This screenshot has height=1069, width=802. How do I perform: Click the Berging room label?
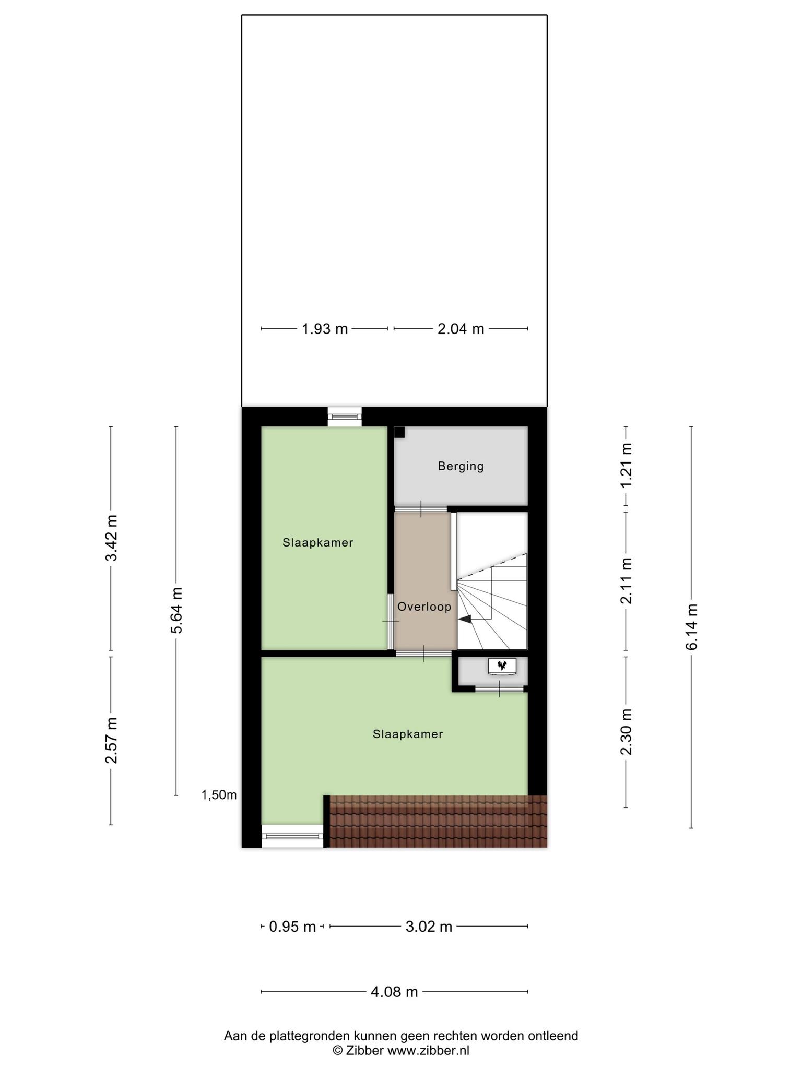461,466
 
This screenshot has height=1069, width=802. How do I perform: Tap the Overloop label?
424,607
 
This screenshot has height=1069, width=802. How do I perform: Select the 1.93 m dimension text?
325,329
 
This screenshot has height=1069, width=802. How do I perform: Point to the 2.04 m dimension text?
461,329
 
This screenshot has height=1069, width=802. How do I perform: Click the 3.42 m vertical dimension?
111,538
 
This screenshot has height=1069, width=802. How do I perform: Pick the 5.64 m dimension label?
176,610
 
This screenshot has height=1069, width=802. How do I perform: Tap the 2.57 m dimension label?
111,740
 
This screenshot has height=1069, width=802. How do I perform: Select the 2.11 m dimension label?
626,580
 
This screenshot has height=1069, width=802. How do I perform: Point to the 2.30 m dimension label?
626,732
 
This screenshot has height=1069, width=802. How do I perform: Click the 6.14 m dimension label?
691,627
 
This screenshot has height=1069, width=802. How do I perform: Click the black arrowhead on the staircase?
465,619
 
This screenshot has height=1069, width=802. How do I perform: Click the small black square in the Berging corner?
399,432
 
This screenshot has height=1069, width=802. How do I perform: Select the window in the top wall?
345,417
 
